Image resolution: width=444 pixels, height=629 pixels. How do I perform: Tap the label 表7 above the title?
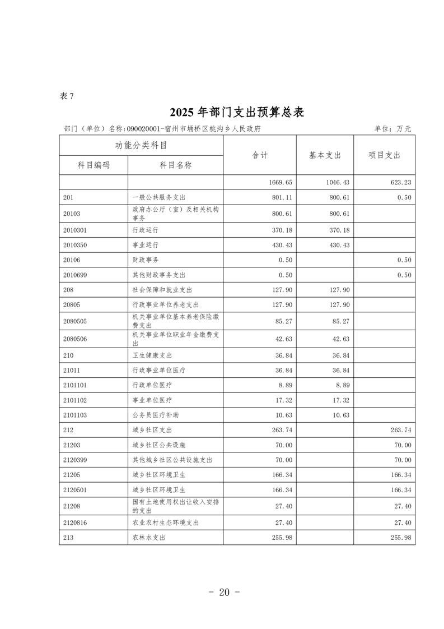click(67, 96)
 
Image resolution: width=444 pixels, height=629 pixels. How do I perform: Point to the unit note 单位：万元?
click(392, 128)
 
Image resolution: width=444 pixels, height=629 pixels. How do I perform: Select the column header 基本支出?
click(325, 155)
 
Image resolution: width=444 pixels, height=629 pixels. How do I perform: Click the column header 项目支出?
click(384, 155)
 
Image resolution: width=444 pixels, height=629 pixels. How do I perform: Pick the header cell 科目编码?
click(94, 165)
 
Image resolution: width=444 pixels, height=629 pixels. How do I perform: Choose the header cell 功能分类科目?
click(141, 146)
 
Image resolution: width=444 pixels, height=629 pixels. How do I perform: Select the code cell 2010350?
click(76, 245)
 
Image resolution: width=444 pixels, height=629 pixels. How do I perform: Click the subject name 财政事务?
click(144, 260)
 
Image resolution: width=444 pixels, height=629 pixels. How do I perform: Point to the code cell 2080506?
click(76, 339)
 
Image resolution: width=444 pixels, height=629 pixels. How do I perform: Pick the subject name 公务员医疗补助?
click(156, 415)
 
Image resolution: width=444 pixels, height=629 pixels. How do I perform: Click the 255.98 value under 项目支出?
click(400, 537)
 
